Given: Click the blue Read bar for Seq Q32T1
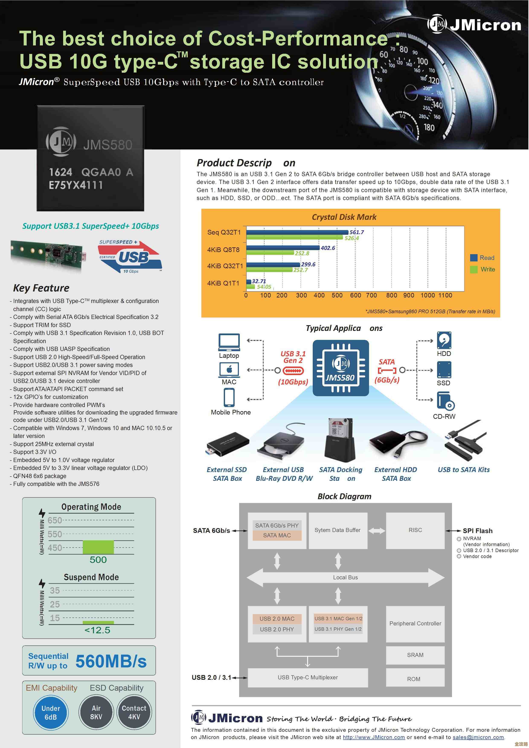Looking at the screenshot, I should [297, 232].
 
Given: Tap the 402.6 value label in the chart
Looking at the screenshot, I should [328, 248].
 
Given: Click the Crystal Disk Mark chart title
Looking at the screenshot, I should [344, 217].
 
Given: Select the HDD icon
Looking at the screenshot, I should [444, 340].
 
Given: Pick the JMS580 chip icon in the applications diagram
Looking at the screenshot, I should [341, 368].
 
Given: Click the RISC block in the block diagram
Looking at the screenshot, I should [415, 530].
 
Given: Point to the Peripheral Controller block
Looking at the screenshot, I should [415, 623].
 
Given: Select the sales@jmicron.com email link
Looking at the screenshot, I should [478, 738].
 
